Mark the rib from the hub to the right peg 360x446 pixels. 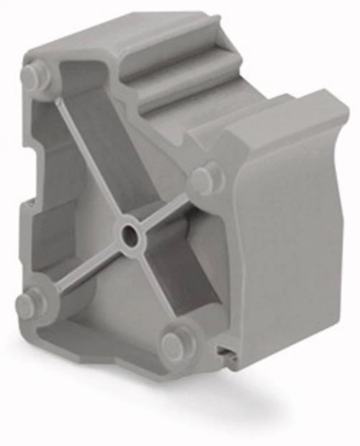click(167, 210)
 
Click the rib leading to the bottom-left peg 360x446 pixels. click(85, 272)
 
